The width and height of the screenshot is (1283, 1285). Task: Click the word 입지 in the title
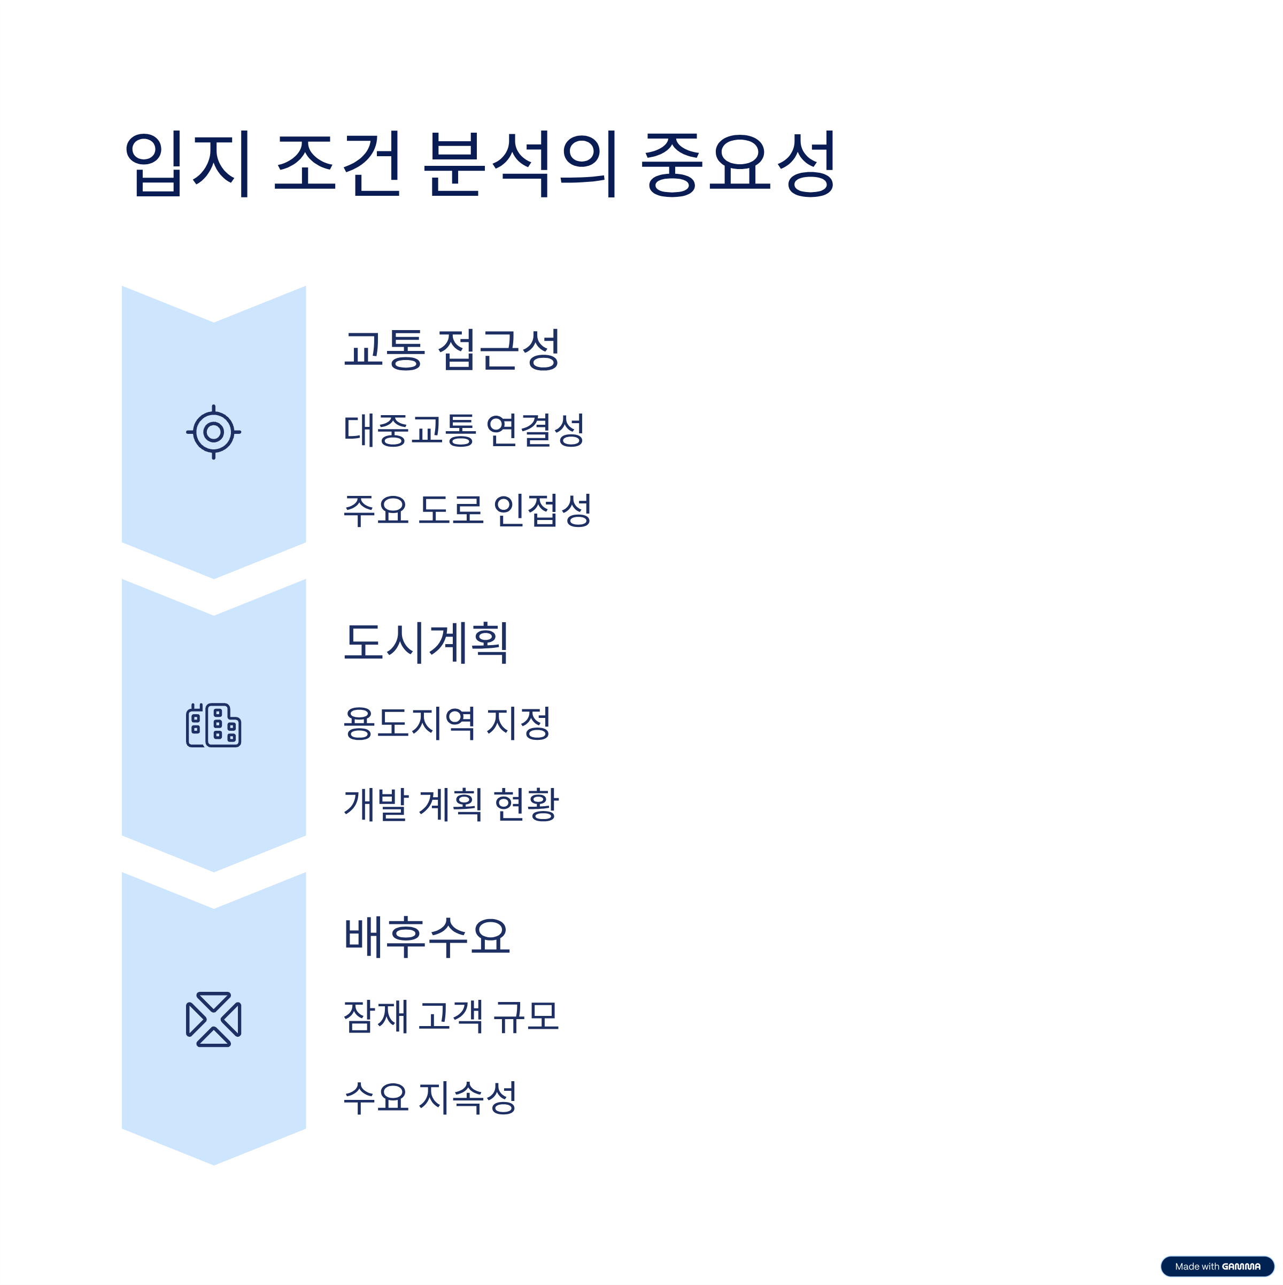pos(188,164)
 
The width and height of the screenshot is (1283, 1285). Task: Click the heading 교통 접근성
pos(452,349)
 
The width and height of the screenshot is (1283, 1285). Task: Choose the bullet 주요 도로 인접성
pos(467,511)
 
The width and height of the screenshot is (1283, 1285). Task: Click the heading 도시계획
pos(427,642)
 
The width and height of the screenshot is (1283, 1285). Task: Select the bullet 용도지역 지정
pos(447,724)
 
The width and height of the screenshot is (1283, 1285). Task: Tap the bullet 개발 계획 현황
pos(451,804)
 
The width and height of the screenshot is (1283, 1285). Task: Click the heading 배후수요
pos(427,937)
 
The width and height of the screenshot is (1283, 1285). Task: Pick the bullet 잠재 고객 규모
pos(451,1017)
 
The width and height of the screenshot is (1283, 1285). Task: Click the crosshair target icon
pos(213,432)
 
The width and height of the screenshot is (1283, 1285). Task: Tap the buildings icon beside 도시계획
pos(213,725)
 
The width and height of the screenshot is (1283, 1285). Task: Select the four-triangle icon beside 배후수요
pos(213,1019)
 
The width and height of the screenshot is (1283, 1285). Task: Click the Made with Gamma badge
pos(1217,1266)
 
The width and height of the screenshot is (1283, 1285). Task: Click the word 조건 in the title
pos(338,164)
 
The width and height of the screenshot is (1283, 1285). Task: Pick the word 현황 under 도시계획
pos(527,804)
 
